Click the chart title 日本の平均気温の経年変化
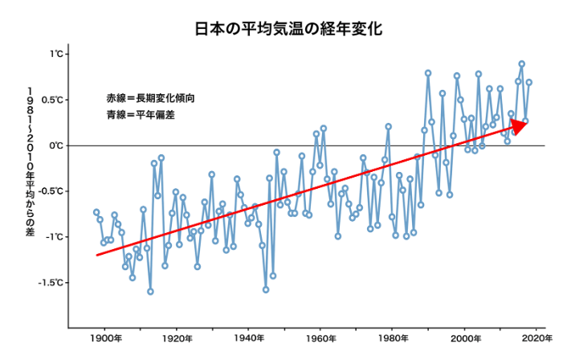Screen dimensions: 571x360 click(288, 29)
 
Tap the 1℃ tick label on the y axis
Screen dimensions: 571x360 click(56, 55)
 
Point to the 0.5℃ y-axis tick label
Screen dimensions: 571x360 click(52, 100)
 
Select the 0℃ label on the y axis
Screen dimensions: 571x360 click(56, 145)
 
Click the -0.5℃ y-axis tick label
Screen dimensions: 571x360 click(51, 191)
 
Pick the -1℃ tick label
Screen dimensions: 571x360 click(55, 237)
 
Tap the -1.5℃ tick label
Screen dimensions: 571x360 click(51, 283)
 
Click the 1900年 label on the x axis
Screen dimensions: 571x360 click(106, 338)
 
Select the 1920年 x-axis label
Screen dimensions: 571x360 click(177, 338)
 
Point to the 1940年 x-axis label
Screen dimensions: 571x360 click(249, 338)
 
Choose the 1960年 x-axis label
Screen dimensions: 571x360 click(321, 338)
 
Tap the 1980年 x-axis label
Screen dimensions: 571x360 click(393, 338)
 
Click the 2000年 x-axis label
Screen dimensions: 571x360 click(466, 338)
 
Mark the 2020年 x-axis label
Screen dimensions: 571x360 click(536, 338)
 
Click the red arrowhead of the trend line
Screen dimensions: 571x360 click(519, 126)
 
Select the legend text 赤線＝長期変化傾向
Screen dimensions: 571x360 click(150, 98)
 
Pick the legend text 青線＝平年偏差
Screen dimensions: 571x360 click(141, 115)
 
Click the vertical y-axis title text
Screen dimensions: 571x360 click(30, 162)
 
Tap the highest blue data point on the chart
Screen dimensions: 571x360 click(521, 63)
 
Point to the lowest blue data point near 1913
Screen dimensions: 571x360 click(150, 292)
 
